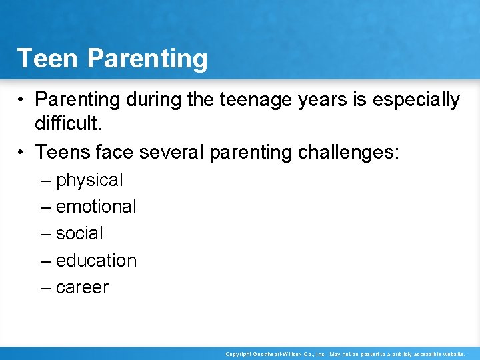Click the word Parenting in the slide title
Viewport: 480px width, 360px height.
pos(147,59)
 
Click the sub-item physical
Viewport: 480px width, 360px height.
pos(89,181)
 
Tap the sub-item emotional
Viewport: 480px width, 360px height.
pos(96,207)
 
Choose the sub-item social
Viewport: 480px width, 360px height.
pos(79,234)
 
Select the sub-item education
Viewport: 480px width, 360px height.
pos(96,261)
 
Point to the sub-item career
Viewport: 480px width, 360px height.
pos(82,287)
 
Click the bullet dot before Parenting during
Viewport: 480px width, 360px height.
pos(22,101)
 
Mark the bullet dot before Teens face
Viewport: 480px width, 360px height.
pos(22,153)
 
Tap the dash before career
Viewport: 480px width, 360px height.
pos(45,287)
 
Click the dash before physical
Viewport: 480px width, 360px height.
pos(45,181)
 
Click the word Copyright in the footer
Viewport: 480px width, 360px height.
pos(239,354)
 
